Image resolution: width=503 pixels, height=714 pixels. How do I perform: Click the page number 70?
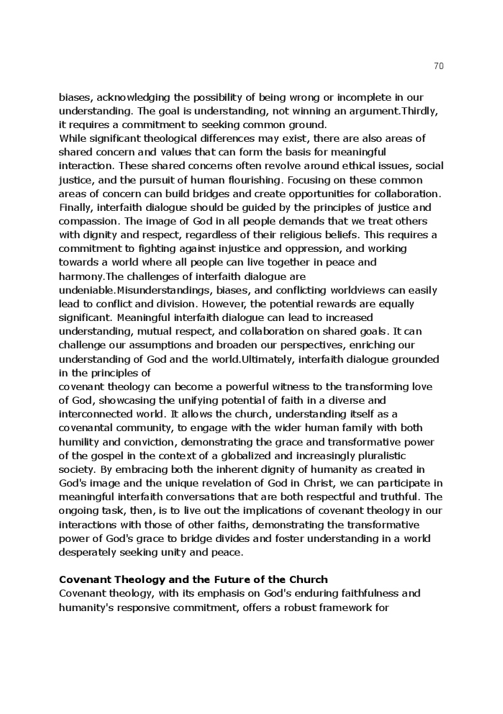(x=439, y=66)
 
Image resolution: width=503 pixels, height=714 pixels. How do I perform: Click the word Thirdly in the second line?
(x=420, y=111)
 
